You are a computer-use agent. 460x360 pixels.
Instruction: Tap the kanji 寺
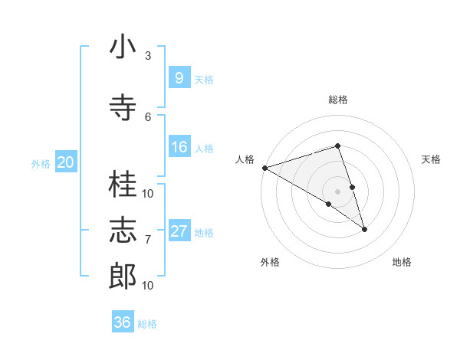pyautogui.click(x=123, y=107)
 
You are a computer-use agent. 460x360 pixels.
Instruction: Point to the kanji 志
pyautogui.click(x=123, y=231)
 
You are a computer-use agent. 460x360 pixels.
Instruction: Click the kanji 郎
pyautogui.click(x=123, y=276)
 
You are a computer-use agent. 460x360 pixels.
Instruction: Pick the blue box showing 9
pyautogui.click(x=179, y=77)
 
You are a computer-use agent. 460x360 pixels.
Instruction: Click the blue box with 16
pyautogui.click(x=179, y=147)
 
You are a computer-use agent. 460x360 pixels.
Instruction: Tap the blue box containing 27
pyautogui.click(x=179, y=231)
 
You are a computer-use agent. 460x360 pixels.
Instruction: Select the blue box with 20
pyautogui.click(x=65, y=162)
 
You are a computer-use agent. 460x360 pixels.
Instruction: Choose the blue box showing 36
pyautogui.click(x=122, y=322)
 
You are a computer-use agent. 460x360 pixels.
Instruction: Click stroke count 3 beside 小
pyautogui.click(x=148, y=56)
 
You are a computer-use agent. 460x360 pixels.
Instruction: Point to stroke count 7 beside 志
pyautogui.click(x=148, y=240)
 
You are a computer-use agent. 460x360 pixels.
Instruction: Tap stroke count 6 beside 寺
pyautogui.click(x=148, y=116)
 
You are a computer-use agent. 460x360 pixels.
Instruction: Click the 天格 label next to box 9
pyautogui.click(x=204, y=79)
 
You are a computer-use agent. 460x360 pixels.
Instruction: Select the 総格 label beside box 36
pyautogui.click(x=147, y=324)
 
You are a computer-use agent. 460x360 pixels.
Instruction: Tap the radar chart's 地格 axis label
pyautogui.click(x=402, y=262)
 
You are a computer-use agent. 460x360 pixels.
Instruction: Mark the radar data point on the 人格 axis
pyautogui.click(x=264, y=168)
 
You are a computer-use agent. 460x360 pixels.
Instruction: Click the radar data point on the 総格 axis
pyautogui.click(x=337, y=146)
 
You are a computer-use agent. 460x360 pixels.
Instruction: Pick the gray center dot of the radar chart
pyautogui.click(x=337, y=190)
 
